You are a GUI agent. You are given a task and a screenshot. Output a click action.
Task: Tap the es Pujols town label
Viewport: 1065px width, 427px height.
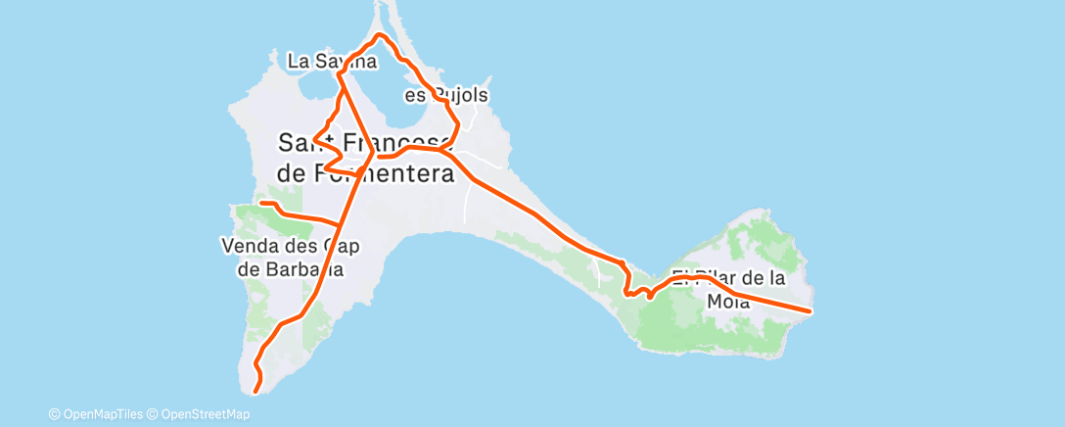pos(446,96)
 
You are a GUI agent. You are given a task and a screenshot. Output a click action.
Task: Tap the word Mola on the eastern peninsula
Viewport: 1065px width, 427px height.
pos(727,303)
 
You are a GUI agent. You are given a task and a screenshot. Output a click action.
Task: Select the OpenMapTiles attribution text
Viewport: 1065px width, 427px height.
pos(99,414)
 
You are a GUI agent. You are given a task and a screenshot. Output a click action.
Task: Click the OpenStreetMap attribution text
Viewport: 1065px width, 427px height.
pos(200,414)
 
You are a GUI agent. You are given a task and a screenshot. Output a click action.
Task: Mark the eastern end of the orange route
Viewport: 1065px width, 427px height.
pos(810,311)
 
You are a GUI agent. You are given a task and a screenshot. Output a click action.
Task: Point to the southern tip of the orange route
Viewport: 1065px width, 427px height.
pos(256,392)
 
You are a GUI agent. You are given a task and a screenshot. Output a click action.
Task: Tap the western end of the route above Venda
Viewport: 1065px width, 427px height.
pos(261,203)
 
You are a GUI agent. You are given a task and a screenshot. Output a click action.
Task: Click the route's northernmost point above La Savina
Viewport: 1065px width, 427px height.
pos(380,35)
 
